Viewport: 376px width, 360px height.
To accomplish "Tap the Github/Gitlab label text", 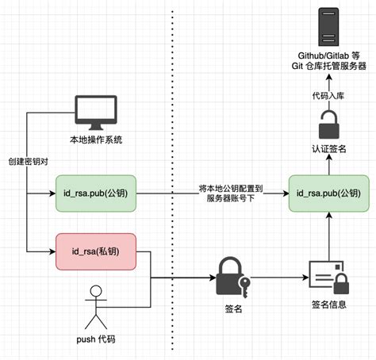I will click(x=328, y=55).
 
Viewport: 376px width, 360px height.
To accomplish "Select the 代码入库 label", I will click(x=328, y=95).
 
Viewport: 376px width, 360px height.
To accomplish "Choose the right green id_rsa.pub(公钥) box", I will click(x=328, y=193).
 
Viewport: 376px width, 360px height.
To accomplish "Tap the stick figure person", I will click(x=96, y=306).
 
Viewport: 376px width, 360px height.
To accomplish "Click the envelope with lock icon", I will click(x=328, y=278).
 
